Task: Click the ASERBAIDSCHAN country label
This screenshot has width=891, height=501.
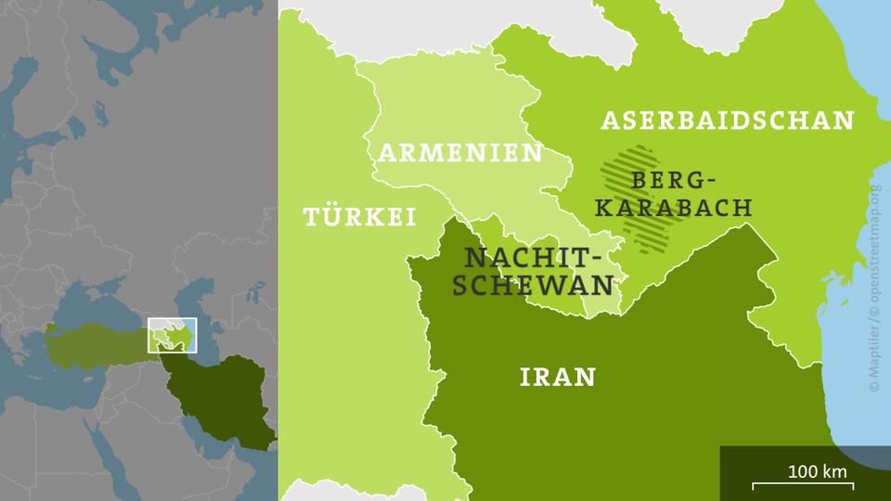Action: (728, 120)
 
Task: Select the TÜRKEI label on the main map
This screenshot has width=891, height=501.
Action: (358, 217)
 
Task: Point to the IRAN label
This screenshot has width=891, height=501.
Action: (557, 376)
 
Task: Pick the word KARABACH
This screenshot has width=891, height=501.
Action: (672, 207)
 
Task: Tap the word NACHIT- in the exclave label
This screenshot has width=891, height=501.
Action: (534, 257)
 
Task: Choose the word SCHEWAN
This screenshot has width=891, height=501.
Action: (534, 285)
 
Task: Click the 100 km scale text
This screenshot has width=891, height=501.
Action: (817, 470)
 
